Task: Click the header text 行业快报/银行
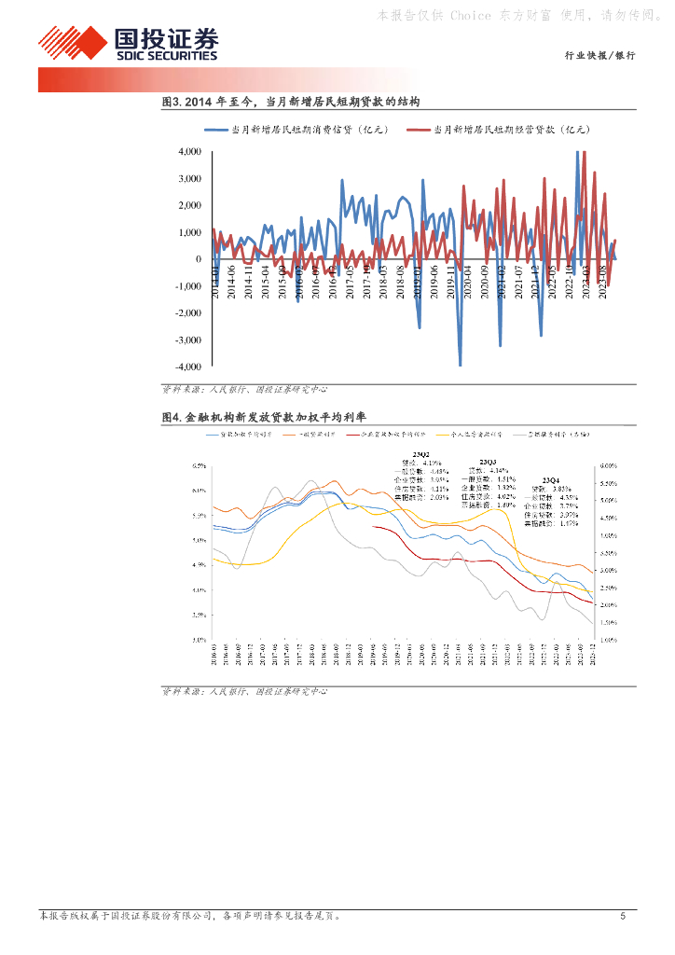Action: [600, 56]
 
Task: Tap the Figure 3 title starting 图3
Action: [291, 101]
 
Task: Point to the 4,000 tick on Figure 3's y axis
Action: [189, 151]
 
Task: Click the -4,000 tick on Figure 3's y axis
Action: [187, 367]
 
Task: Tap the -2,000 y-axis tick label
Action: [187, 313]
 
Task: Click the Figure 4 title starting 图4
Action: [277, 417]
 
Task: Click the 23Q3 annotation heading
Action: [488, 462]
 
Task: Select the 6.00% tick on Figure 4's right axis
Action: [608, 465]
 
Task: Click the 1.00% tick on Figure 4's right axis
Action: [608, 640]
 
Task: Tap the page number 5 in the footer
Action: [623, 916]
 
